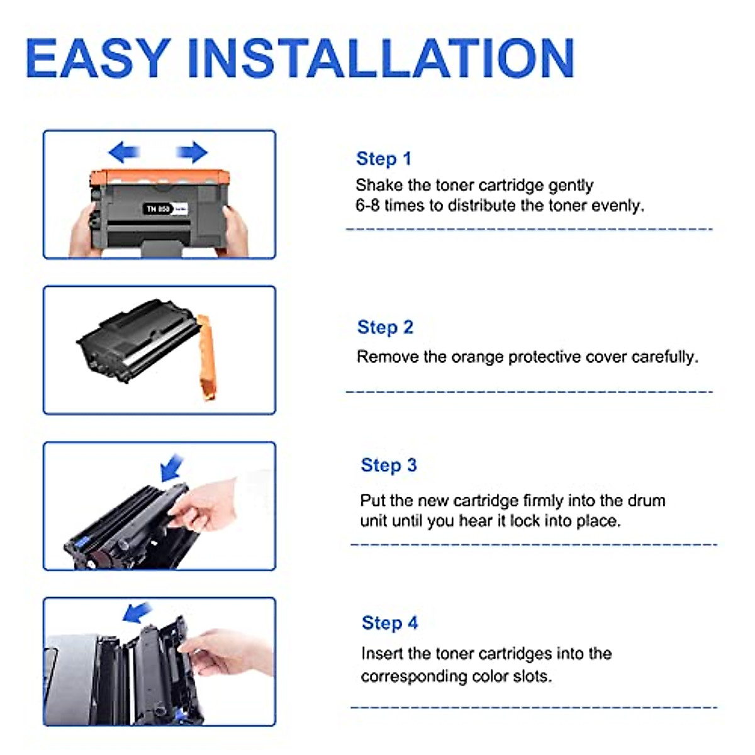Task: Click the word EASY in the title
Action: tap(98, 58)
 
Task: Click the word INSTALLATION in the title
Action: tap(381, 58)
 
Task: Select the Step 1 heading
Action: tap(383, 159)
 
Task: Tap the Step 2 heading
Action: tap(385, 327)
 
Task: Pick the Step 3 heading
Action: tap(388, 465)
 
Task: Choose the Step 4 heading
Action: tap(389, 623)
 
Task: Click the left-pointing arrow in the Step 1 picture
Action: tap(124, 152)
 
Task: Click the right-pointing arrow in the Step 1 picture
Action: tap(192, 152)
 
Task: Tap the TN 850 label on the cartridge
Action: tap(159, 208)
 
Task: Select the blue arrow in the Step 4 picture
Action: tap(137, 612)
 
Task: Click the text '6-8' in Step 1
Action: tap(367, 206)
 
